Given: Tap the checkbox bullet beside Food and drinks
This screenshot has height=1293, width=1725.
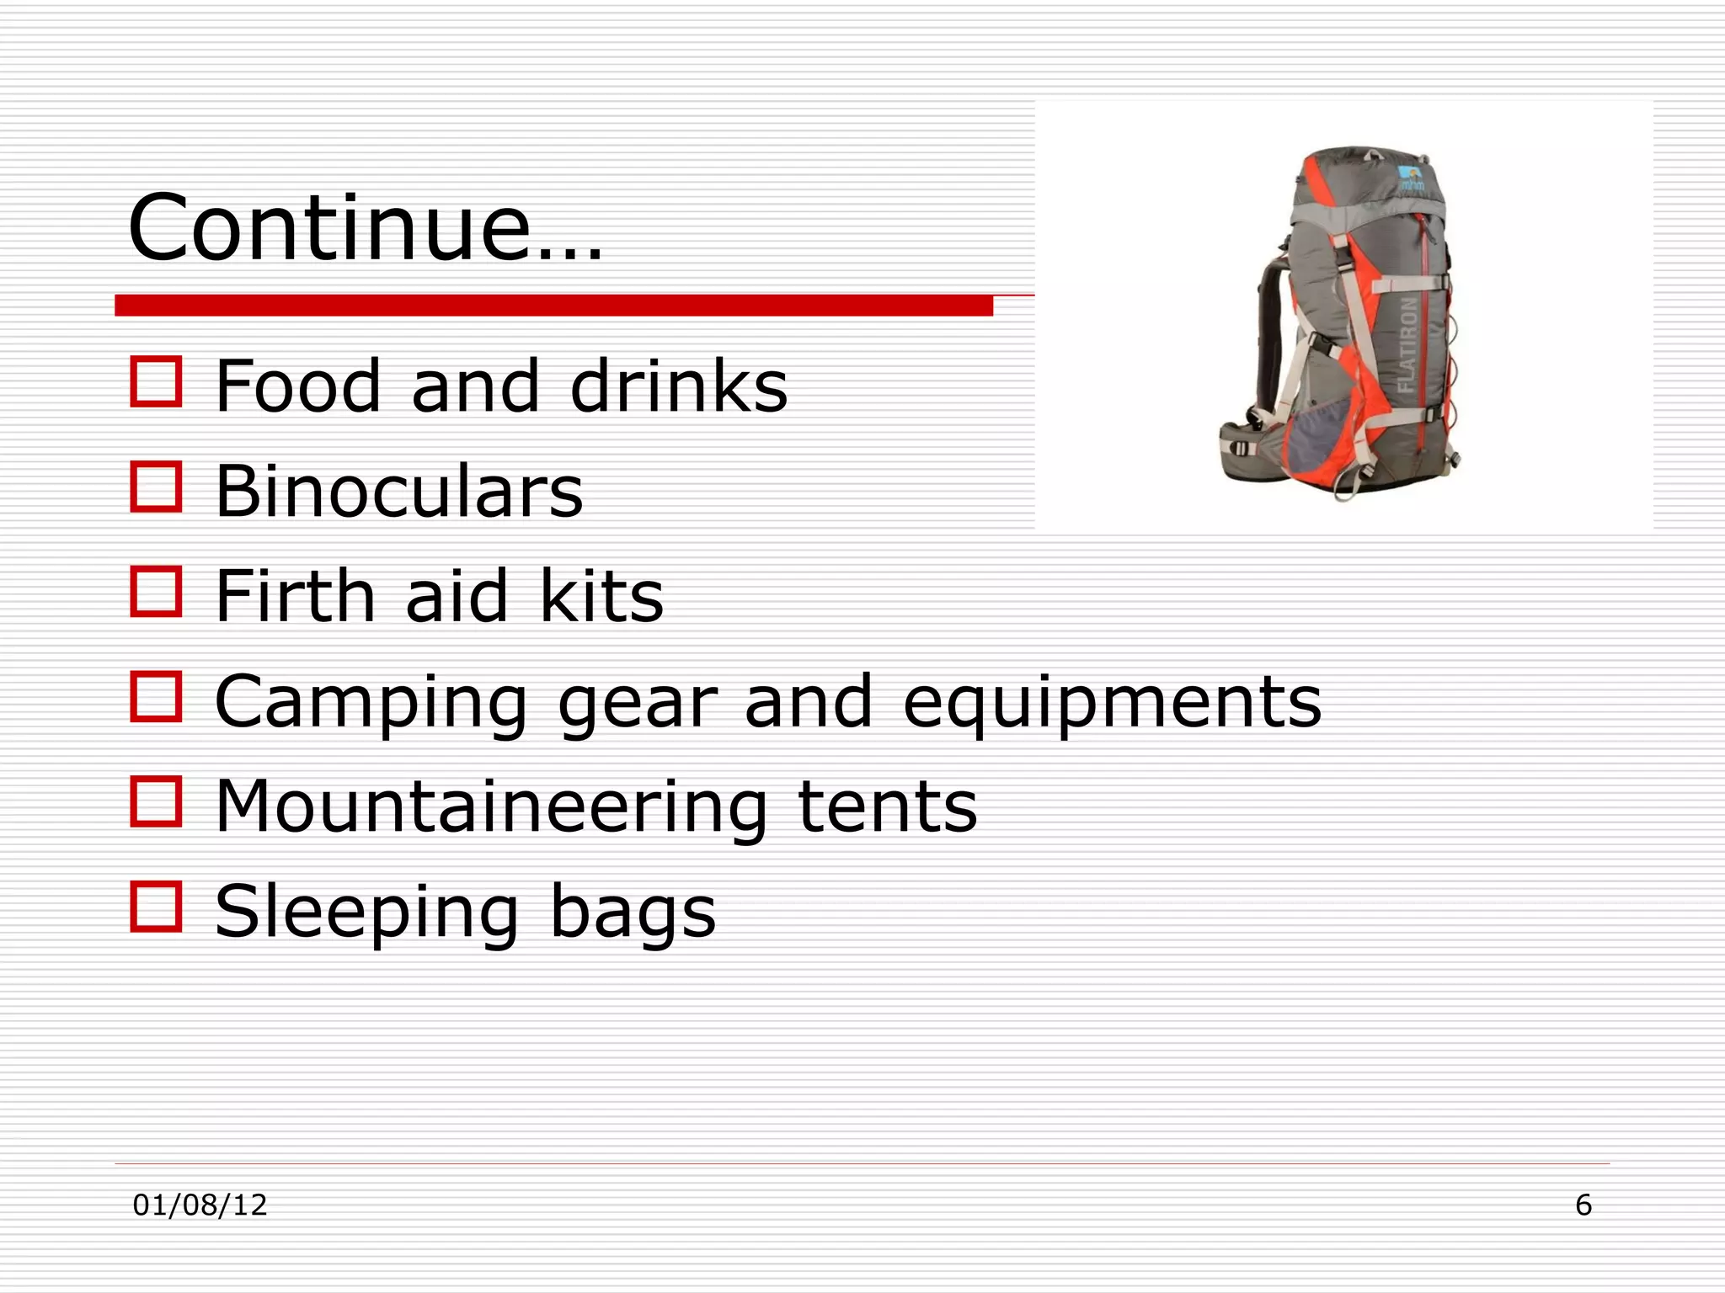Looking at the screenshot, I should [157, 382].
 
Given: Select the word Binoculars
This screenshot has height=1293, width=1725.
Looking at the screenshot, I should [398, 491].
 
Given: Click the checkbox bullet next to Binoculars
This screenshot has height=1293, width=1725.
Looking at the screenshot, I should [157, 487].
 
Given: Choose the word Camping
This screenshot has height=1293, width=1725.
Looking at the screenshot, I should [371, 703].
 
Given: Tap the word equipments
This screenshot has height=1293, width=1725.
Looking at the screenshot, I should [1112, 703].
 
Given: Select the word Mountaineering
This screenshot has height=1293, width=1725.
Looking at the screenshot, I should [491, 806].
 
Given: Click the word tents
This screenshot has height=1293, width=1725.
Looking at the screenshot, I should [887, 806].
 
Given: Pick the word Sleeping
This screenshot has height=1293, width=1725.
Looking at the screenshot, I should [366, 913].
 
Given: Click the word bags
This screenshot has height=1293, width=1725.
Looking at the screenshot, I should [633, 913].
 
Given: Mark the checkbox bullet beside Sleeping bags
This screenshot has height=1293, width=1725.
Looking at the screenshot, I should [157, 907].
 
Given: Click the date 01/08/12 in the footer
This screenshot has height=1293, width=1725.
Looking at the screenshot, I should [200, 1205].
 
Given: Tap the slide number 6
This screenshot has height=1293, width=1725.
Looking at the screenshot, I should [1583, 1205].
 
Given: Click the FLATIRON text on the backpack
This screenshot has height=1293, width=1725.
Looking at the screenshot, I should [1407, 344].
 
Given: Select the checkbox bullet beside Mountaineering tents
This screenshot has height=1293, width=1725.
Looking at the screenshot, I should [157, 801].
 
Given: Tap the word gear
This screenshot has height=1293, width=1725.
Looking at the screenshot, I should [636, 703].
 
